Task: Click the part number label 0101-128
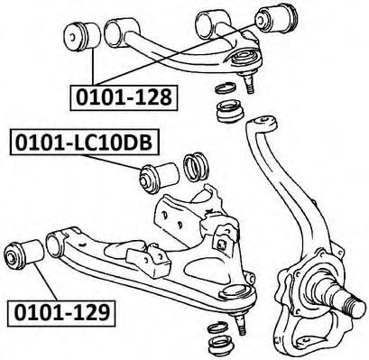[x=124, y=97]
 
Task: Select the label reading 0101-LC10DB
[x=85, y=143]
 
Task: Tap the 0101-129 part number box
[x=61, y=313]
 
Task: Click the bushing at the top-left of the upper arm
[x=82, y=36]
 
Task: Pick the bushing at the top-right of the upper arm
[x=276, y=17]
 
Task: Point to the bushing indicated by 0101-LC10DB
[x=159, y=178]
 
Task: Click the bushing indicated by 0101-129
[x=24, y=254]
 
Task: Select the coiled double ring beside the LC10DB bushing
[x=196, y=167]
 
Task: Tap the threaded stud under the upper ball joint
[x=250, y=83]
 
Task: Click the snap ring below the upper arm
[x=226, y=88]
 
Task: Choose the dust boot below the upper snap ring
[x=231, y=111]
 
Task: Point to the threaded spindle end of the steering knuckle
[x=355, y=304]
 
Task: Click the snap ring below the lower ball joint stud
[x=218, y=328]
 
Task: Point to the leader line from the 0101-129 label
[x=45, y=281]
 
